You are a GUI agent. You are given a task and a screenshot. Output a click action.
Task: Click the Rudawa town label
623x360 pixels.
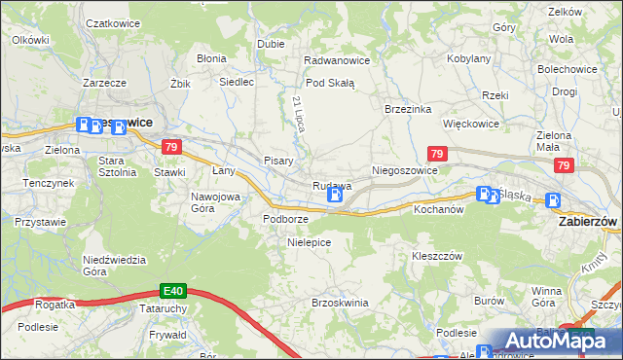[x=331, y=185]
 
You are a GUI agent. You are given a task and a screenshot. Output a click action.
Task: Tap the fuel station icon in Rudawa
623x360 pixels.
[x=335, y=197]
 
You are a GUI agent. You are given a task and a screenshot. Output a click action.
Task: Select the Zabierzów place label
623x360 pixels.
[x=588, y=222]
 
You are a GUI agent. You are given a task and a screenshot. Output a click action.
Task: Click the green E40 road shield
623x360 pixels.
[x=173, y=290]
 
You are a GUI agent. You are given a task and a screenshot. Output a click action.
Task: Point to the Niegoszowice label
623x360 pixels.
[x=405, y=170]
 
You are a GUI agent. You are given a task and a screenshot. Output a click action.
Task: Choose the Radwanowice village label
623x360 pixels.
[x=337, y=60]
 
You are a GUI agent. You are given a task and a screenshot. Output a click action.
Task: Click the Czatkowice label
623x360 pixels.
[x=110, y=21]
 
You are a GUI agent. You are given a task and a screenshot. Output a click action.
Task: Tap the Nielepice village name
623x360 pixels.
[x=310, y=242]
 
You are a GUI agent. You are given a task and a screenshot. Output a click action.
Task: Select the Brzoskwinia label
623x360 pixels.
[x=340, y=303]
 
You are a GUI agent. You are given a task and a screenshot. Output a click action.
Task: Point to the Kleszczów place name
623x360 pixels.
[x=436, y=256]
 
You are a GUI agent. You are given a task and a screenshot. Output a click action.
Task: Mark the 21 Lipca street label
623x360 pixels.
[x=298, y=115]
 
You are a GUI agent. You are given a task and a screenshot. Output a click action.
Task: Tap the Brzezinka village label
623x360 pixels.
[x=408, y=109]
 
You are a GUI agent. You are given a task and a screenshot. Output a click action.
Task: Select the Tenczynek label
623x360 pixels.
[x=50, y=183]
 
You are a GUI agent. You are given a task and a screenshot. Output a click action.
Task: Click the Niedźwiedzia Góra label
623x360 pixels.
[x=114, y=265]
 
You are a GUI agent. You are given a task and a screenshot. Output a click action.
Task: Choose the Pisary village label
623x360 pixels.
[x=279, y=161]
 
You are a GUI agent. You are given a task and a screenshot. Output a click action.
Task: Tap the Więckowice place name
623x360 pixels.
[x=471, y=125]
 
